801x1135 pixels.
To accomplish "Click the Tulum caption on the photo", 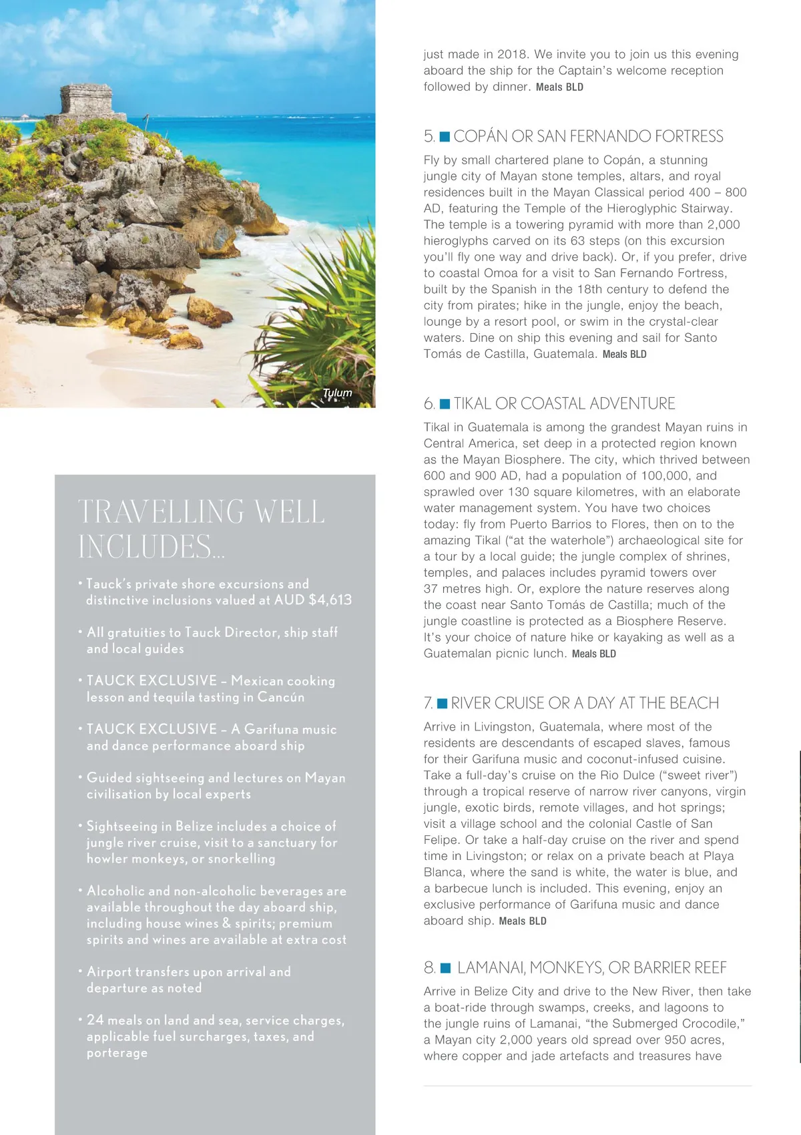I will click(337, 393).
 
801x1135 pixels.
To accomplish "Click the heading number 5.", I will click(429, 137).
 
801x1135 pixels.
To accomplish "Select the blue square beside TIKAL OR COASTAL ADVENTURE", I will click(445, 404).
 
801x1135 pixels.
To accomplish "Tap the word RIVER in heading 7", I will click(470, 704).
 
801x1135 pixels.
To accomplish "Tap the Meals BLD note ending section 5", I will click(624, 355).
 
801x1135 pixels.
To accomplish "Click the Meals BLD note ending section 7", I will click(523, 921).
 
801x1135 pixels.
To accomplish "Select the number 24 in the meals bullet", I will click(95, 1020).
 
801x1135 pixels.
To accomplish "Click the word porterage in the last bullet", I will click(117, 1053).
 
